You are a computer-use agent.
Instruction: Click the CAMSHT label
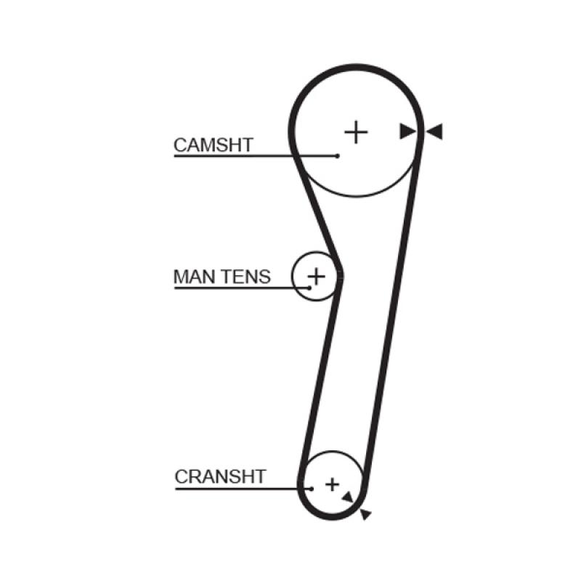pos(214,145)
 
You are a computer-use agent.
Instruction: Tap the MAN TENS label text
pos(222,277)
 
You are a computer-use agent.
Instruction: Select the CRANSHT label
pos(221,476)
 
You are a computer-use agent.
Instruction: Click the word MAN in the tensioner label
pos(194,277)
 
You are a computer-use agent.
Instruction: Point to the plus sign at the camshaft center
pos(356,132)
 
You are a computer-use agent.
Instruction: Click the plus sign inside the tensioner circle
pos(317,277)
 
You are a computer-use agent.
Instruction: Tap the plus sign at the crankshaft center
pos(333,484)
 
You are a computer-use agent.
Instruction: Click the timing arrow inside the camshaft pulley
pos(407,131)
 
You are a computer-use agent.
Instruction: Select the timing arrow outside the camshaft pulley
pos(434,131)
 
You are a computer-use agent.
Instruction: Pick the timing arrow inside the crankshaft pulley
pos(348,497)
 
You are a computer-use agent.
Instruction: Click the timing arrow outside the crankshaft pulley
pos(365,514)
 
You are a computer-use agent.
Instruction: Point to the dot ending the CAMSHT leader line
pos(337,156)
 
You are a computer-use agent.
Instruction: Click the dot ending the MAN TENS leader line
pos(309,288)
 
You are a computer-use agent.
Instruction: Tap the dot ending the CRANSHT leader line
pos(312,489)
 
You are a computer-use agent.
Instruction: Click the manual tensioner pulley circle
pos(316,277)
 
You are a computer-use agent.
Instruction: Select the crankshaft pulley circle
pos(333,484)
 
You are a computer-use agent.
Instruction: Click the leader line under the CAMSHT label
pos(256,156)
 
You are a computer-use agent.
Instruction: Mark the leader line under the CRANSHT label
pos(243,489)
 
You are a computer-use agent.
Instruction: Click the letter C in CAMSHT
pos(180,145)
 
